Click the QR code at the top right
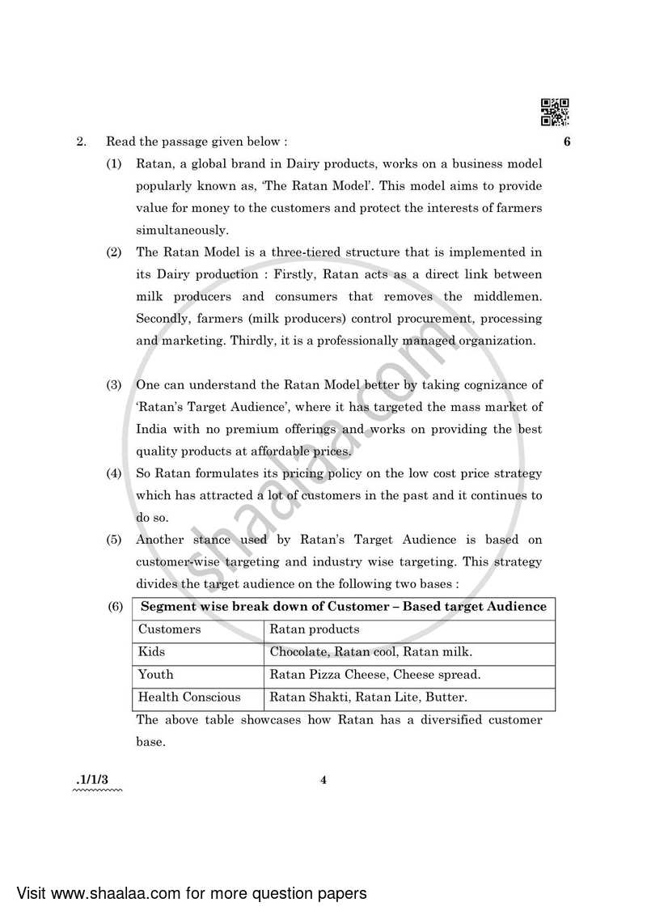click(x=555, y=112)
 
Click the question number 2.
click(x=81, y=142)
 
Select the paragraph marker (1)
click(x=115, y=163)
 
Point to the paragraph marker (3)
click(x=115, y=385)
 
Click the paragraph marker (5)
click(x=115, y=539)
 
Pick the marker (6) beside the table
click(x=115, y=607)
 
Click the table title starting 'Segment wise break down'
click(x=344, y=607)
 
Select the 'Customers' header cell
click(x=170, y=629)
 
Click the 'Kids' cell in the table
click(x=151, y=652)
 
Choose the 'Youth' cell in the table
click(x=156, y=675)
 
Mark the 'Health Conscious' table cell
click(x=189, y=697)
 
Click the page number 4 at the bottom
click(x=323, y=781)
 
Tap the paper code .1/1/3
click(x=95, y=780)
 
